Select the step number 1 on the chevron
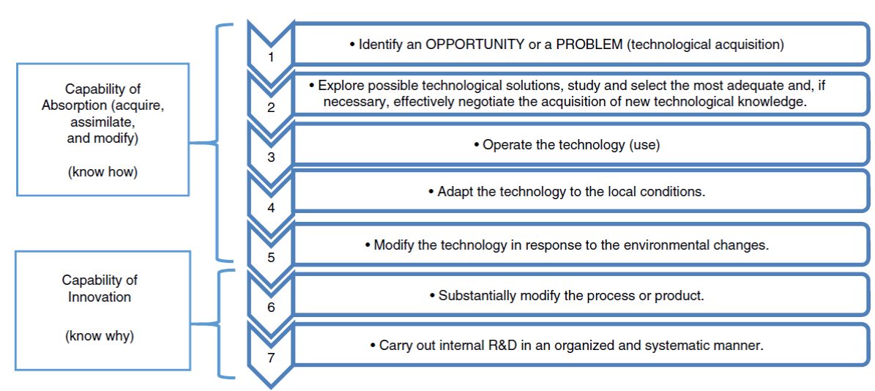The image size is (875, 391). coord(271,57)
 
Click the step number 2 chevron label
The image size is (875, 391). coord(271,108)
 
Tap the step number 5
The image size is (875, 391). coord(271,258)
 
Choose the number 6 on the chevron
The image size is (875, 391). coord(271,308)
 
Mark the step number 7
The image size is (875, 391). coord(271,358)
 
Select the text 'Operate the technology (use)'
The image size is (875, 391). coord(571,145)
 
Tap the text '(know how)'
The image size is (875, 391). coord(103,173)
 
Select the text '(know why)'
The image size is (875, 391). coord(100,336)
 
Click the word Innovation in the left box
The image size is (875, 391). coord(100,297)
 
